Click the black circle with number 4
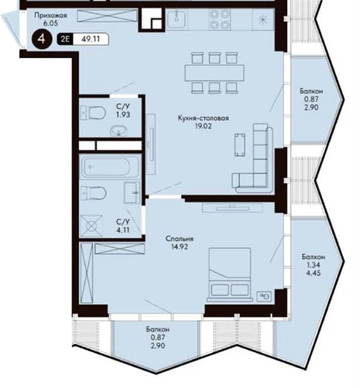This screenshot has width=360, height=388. coord(42,39)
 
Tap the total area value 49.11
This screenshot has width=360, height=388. coord(91,39)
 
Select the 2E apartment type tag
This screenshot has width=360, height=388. coord(65,39)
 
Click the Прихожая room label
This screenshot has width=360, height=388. coord(51,16)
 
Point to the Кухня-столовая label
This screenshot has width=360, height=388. coord(203,118)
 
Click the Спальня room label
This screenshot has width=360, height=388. coord(180,239)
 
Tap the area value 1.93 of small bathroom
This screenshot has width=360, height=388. coord(123,115)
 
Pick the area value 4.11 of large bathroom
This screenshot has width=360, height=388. coord(123,230)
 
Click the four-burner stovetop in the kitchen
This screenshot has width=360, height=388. coord(220,19)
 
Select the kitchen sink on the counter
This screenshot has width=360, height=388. coord(176,19)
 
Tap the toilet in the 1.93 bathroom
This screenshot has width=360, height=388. coord(93,113)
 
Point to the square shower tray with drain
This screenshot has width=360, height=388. coord(92,226)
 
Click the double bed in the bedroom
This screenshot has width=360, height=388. coord(230,275)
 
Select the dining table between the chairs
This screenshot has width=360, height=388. coord(215,73)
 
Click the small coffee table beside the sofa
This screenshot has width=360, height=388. coord(240,145)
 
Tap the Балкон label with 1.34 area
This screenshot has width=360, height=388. coord(313,257)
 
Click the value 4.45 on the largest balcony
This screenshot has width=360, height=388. coord(313,273)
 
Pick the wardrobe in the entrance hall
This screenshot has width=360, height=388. coord(107,16)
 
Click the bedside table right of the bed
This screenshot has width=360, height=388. coord(264,296)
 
